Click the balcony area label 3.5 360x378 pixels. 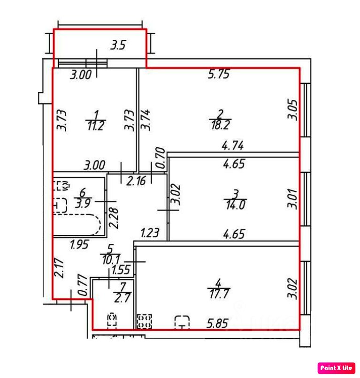pos(118,45)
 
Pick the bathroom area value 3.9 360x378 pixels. pos(83,203)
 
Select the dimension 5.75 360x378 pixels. pos(218,74)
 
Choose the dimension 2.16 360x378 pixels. pos(137,181)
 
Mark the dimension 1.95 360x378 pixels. pos(80,243)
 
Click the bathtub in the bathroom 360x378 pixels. pos(77,225)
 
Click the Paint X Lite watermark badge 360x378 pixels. pos(337,368)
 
